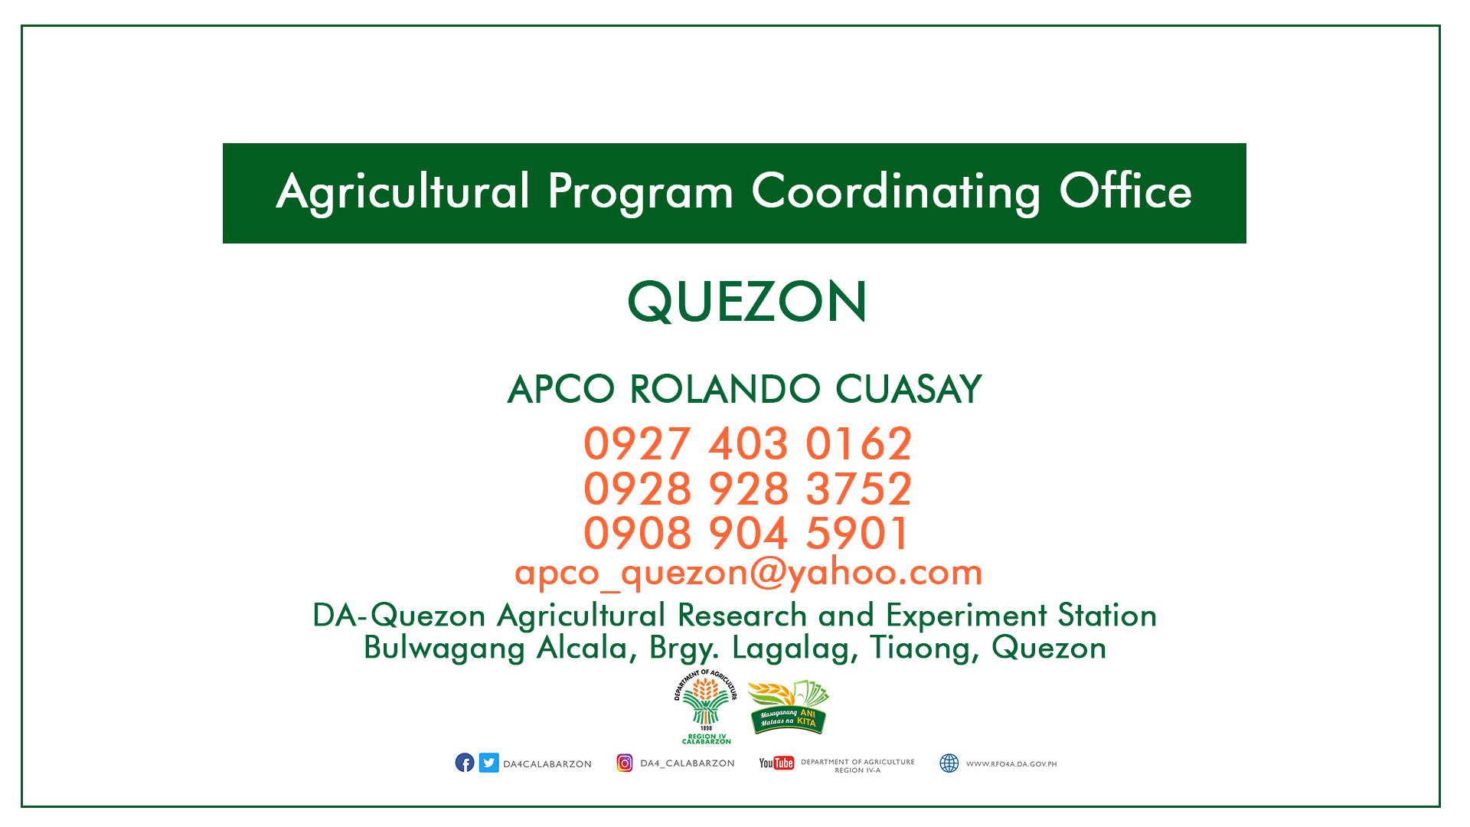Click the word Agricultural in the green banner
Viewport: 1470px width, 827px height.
pos(403,192)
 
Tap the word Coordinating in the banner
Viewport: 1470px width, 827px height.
pos(896,192)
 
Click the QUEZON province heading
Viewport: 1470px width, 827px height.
pos(747,302)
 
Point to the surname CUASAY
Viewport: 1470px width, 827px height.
pos(908,389)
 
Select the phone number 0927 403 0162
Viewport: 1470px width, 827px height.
pos(747,444)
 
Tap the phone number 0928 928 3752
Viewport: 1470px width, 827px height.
pos(747,489)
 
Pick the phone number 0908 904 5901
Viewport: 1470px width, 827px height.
pos(746,533)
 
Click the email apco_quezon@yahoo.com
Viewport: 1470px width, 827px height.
pos(748,573)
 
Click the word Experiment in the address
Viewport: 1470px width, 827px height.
pos(968,616)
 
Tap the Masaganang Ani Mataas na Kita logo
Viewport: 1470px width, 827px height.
pos(789,707)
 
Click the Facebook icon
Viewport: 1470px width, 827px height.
pos(465,763)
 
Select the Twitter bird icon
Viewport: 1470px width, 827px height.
pos(489,763)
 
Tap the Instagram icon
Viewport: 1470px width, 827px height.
pos(625,763)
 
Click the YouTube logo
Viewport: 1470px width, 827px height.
pos(776,763)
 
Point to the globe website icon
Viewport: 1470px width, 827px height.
pos(949,763)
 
